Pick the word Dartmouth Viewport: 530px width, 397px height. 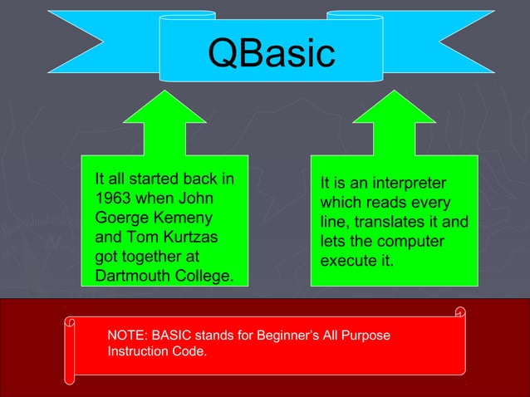pos(134,275)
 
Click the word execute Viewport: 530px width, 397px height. pos(349,261)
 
